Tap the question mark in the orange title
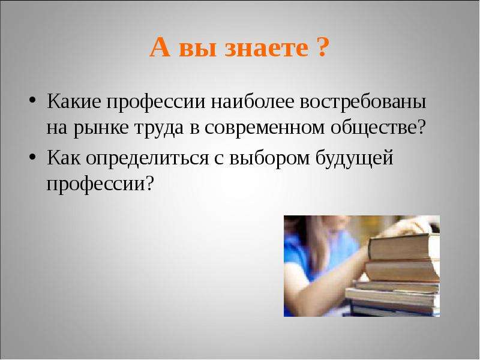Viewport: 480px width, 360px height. pyautogui.click(x=323, y=47)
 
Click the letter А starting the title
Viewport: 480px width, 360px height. pyautogui.click(x=160, y=47)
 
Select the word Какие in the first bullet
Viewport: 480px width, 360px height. pyautogui.click(x=74, y=101)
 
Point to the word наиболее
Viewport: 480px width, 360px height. pyautogui.click(x=252, y=101)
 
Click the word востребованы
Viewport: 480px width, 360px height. pyautogui.click(x=363, y=102)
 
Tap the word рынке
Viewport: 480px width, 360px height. pyautogui.click(x=101, y=128)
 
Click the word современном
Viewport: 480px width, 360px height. pyautogui.click(x=265, y=128)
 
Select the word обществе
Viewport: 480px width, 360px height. pyautogui.click(x=374, y=127)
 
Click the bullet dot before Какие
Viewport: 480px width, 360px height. pyautogui.click(x=32, y=100)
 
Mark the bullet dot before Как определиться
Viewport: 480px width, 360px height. pyautogui.click(x=32, y=157)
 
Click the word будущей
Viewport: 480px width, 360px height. pyautogui.click(x=354, y=158)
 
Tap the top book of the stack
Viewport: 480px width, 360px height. pyautogui.click(x=404, y=247)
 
